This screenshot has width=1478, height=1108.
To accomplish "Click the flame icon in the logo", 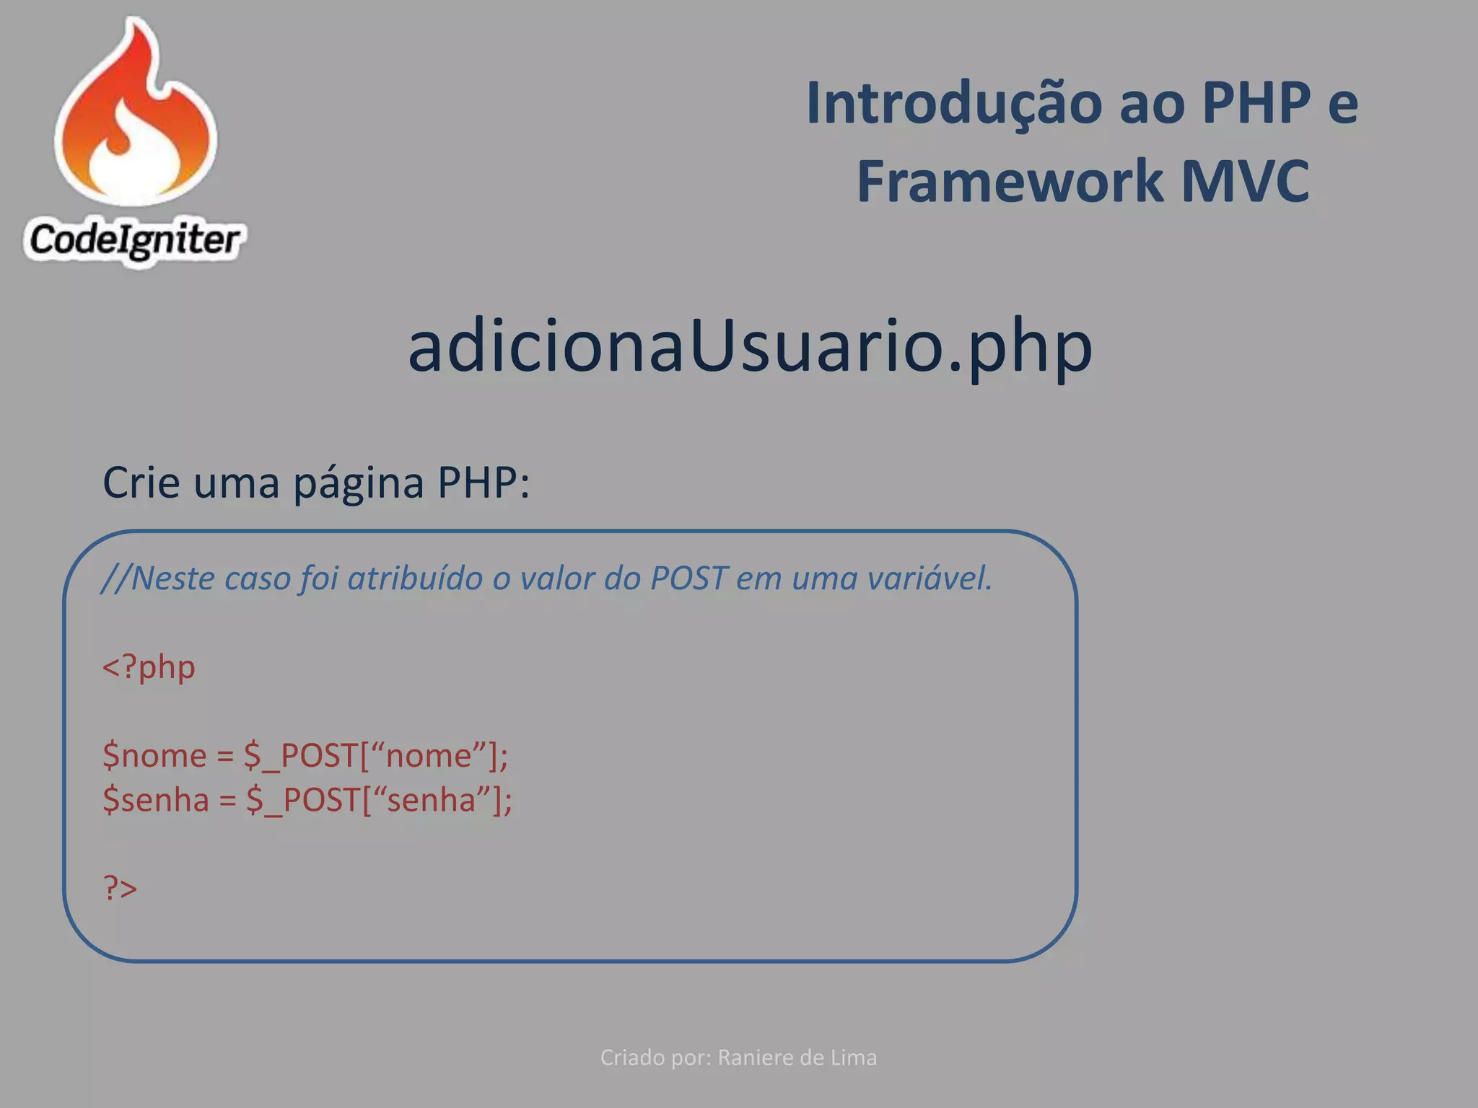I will (x=136, y=115).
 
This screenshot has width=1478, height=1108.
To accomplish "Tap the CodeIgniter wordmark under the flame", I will (x=134, y=239).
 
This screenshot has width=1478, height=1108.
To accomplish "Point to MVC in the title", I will (x=1246, y=181).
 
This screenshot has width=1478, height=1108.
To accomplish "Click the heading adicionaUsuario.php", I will (x=750, y=347).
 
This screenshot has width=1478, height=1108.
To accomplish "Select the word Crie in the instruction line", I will (x=141, y=482).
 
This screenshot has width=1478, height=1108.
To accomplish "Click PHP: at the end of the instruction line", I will (x=484, y=482).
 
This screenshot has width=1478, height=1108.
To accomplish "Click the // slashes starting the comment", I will (x=115, y=579).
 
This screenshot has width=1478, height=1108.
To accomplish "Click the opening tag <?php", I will (x=149, y=667).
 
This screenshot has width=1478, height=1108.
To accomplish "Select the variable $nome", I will (x=154, y=756).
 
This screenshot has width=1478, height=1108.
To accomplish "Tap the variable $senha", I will (x=156, y=800).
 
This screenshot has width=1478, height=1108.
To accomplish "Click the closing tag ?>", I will (x=120, y=887).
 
